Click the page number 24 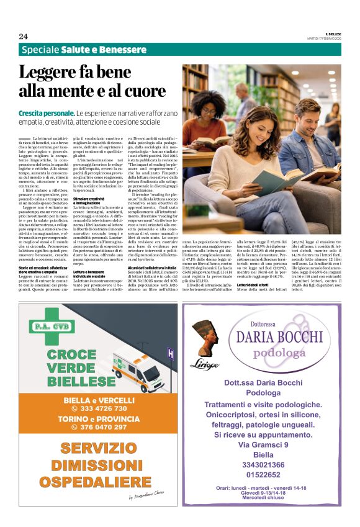pos(23,36)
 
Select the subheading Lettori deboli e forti pos(254,285)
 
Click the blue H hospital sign pos(169,352)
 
